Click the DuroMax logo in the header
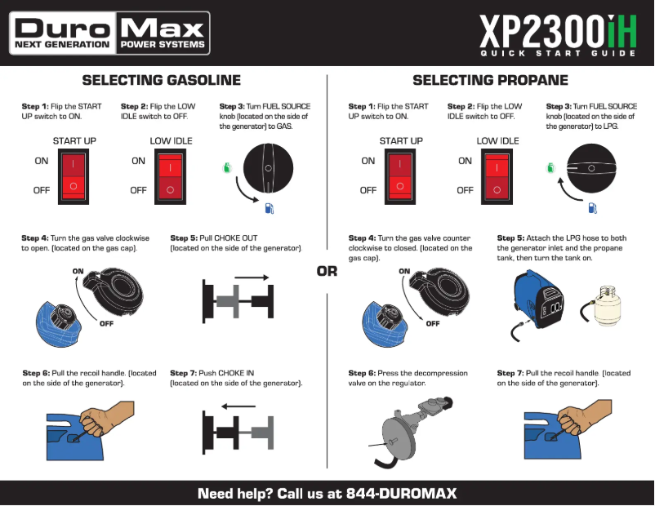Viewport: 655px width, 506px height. point(109,33)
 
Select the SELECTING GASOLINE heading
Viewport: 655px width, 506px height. point(161,80)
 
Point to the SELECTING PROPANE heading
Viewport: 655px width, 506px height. point(490,80)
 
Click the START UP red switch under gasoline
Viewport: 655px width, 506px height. point(74,175)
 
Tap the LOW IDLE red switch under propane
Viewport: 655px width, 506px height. point(497,175)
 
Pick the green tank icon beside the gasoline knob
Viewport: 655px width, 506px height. point(225,169)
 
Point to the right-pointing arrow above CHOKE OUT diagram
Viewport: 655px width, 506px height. point(256,277)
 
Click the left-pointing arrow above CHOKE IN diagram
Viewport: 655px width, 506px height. point(239,406)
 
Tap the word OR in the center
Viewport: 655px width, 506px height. point(327,272)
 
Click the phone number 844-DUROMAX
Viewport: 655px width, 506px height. point(401,493)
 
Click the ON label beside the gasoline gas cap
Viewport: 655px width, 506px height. point(78,270)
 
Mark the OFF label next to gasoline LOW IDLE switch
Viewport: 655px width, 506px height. point(138,190)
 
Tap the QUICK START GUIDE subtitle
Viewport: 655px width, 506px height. point(558,54)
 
